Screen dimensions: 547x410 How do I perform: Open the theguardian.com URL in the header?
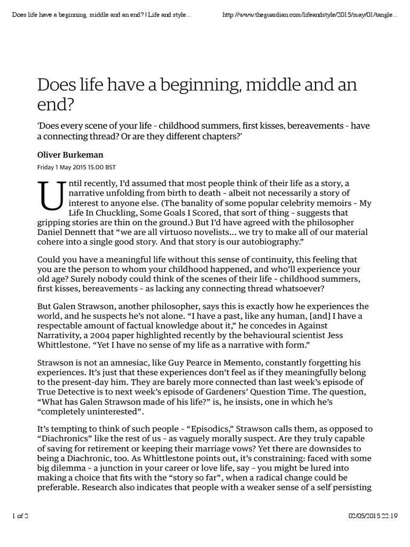310,13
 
